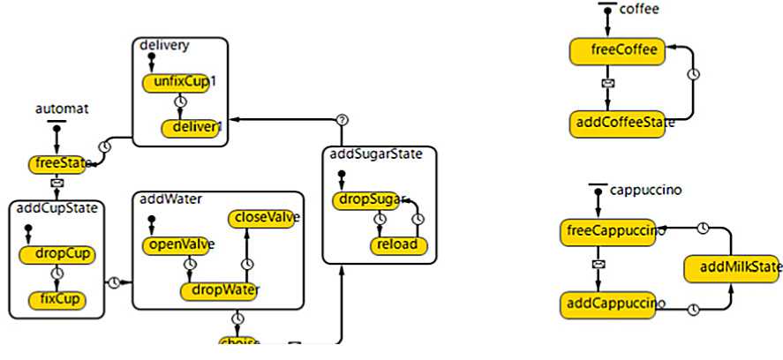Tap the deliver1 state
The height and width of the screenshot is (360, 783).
pos(189,128)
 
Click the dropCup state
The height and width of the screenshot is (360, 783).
pos(58,254)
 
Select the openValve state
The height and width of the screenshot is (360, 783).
pos(174,244)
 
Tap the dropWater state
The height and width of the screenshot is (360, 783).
pos(224,289)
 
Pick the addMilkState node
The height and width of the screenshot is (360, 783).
pos(734,267)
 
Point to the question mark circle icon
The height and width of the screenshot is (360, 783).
pos(343,120)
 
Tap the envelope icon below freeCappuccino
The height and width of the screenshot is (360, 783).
pos(599,265)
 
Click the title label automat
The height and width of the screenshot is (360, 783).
pos(56,109)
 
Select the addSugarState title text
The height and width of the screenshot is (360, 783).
pos(371,154)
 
